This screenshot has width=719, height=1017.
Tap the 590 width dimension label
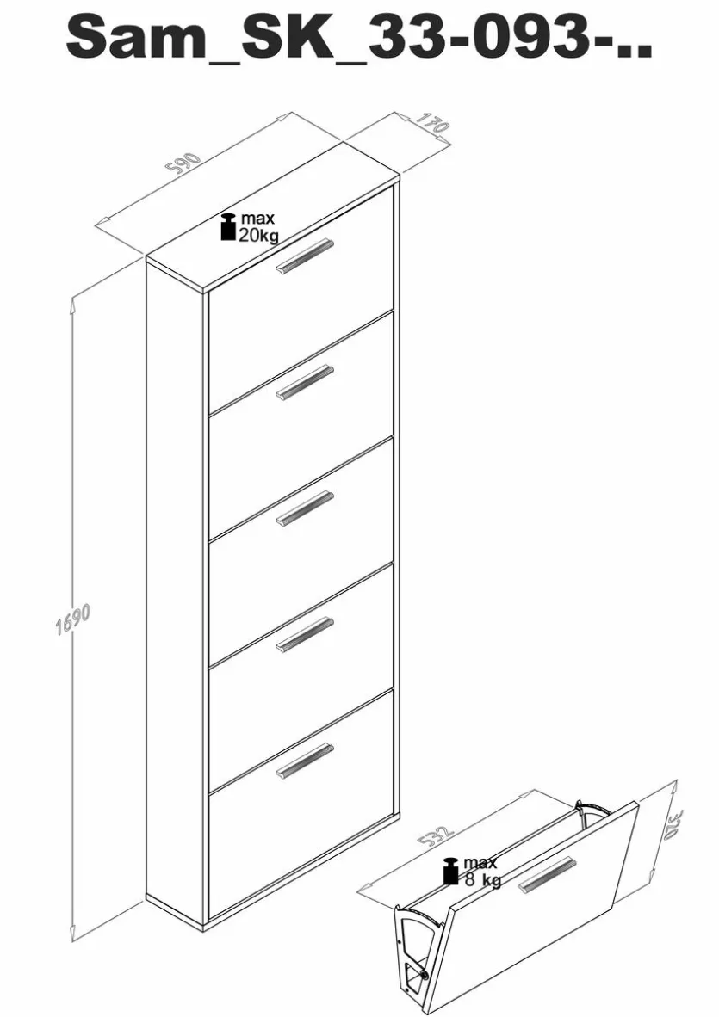185,164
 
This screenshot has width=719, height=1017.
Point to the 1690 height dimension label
71,620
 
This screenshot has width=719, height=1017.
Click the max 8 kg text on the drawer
480,871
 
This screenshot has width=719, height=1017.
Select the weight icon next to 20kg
228,226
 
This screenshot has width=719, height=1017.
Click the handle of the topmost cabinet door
305,256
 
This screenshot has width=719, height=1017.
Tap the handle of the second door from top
305,383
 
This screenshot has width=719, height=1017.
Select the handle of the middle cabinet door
305,508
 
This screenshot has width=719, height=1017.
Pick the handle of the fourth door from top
305,634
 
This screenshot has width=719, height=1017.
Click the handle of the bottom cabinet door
305,760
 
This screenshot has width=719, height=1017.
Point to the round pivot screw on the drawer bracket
424,973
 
